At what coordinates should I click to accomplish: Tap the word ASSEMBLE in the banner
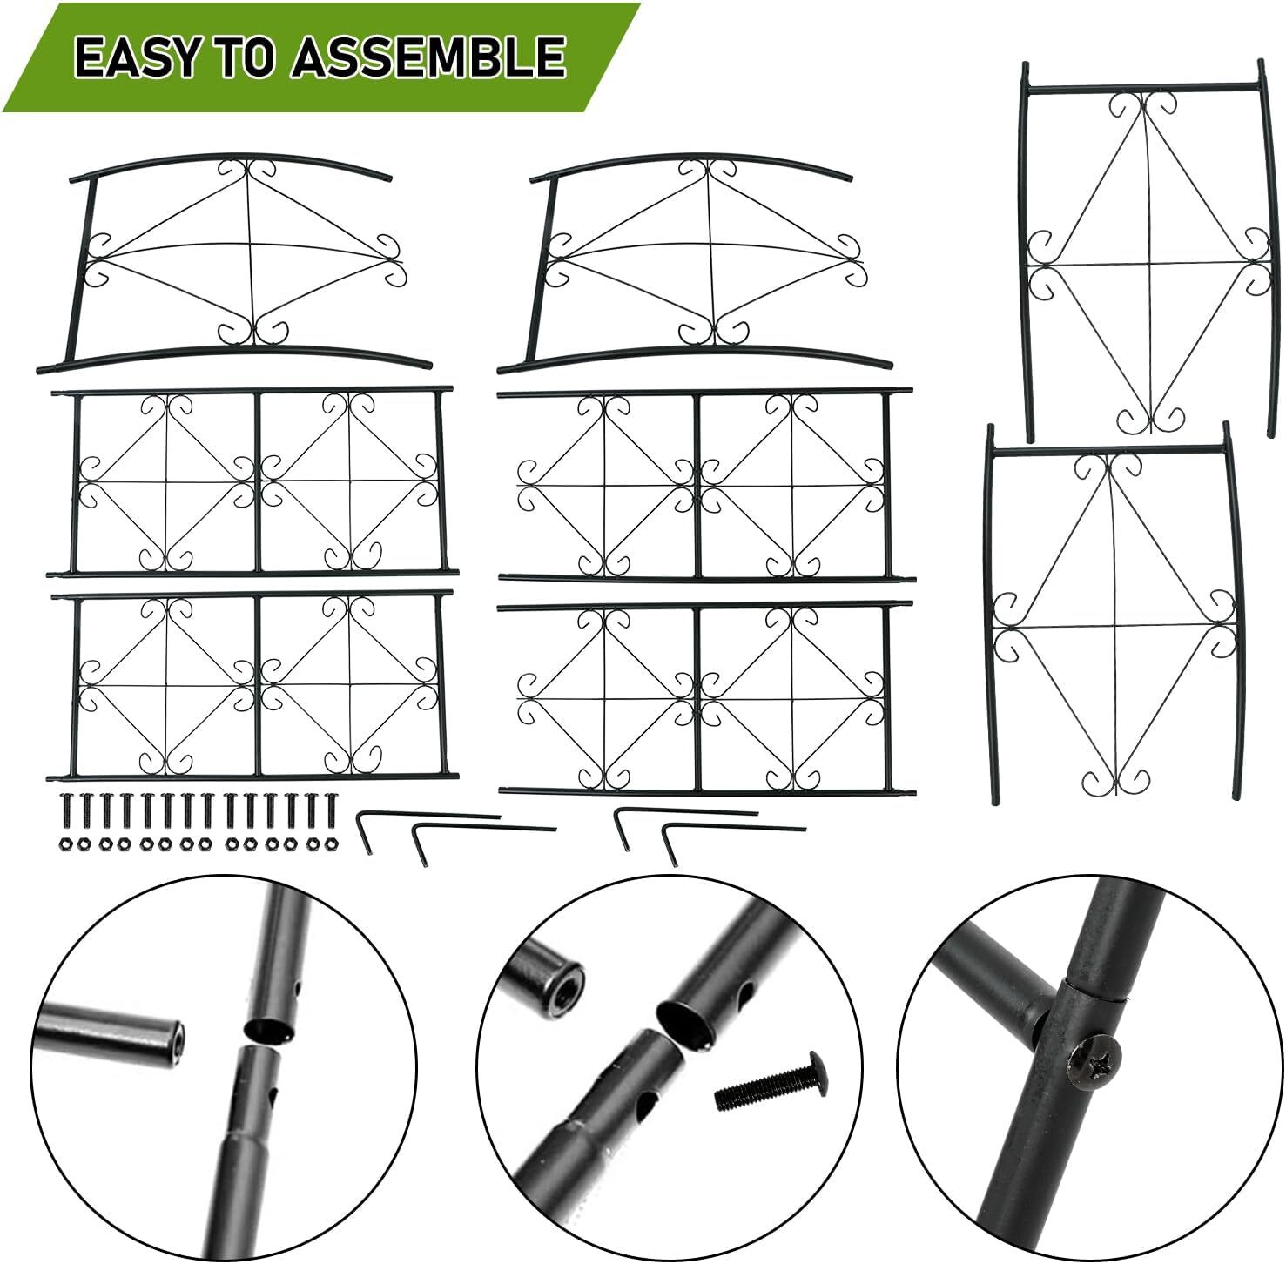[x=428, y=57]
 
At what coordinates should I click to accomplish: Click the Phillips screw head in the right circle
[x=1095, y=1059]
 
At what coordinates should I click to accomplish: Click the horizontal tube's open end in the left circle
[x=174, y=1036]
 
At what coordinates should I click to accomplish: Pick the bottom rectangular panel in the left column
[x=252, y=684]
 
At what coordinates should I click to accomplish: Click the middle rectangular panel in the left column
[x=252, y=481]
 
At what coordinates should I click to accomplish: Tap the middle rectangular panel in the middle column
[x=706, y=484]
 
